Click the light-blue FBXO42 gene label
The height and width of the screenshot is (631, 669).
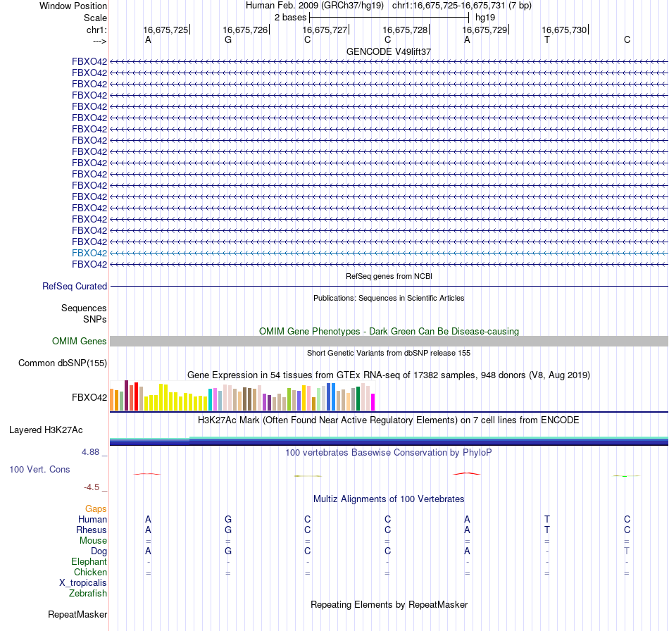point(89,253)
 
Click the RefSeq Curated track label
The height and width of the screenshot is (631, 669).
point(75,287)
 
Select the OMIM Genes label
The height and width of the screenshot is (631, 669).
point(80,342)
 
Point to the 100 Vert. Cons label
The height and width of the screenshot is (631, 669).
point(39,469)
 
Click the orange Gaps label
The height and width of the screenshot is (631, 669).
point(96,508)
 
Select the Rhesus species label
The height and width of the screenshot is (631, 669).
point(92,530)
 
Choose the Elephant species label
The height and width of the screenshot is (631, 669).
point(89,562)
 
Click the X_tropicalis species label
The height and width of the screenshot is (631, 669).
point(83,583)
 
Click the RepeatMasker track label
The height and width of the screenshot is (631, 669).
point(77,615)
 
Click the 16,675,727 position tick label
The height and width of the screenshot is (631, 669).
point(325,30)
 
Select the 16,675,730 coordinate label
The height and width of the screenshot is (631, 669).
point(563,30)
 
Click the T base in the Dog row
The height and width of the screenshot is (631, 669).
point(627,551)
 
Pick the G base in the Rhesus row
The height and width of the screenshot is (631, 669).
point(228,530)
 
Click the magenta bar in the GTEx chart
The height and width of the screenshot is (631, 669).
point(373,401)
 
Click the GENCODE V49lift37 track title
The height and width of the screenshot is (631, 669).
point(389,52)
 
